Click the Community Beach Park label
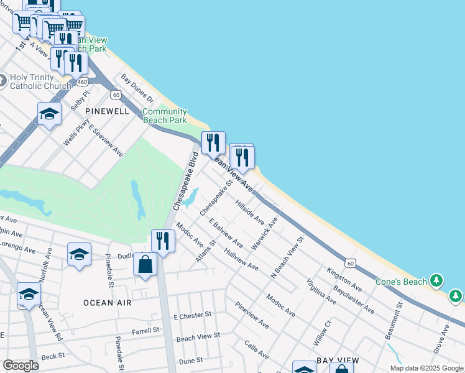(x=165, y=116)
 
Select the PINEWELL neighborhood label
(x=107, y=111)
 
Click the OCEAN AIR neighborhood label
(x=108, y=302)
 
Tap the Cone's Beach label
(x=401, y=282)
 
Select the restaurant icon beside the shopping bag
(x=163, y=240)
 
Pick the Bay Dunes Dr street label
(x=137, y=88)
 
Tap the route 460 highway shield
(x=82, y=81)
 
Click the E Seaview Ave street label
(x=106, y=140)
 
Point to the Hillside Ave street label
(x=250, y=212)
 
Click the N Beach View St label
(x=287, y=257)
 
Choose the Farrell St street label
(x=146, y=331)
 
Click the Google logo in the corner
(x=21, y=366)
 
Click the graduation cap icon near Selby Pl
(x=49, y=114)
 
